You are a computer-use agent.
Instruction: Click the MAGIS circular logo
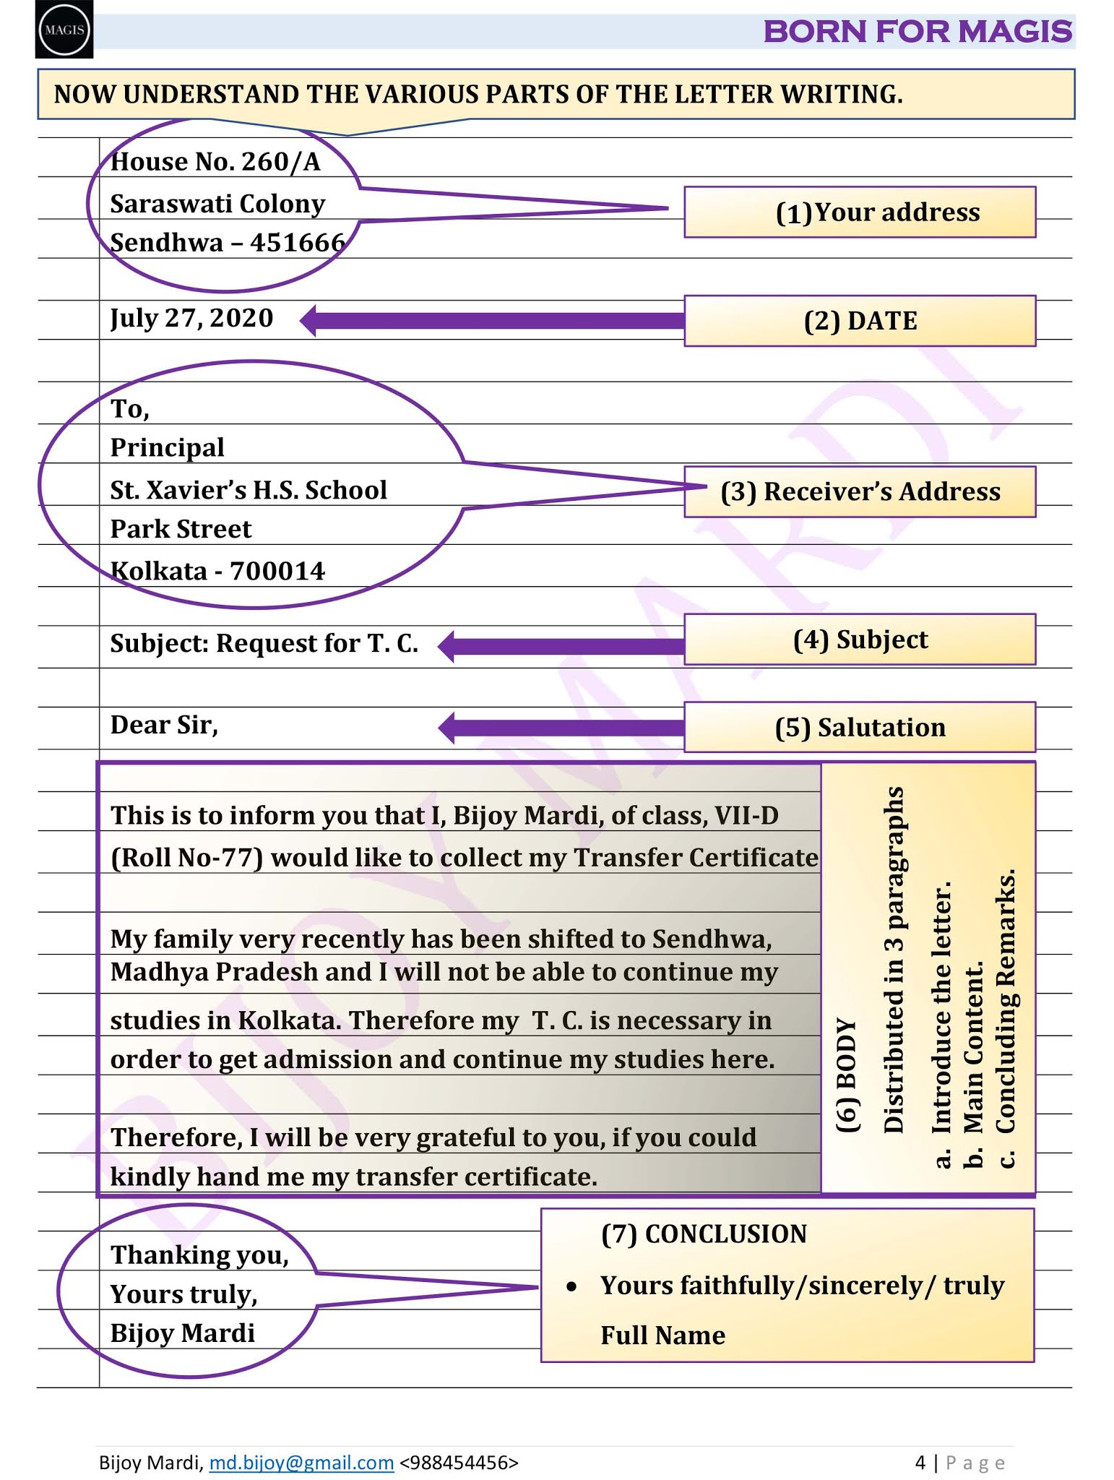coord(64,30)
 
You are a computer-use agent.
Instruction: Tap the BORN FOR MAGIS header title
coord(917,32)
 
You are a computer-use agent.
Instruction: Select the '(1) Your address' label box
coord(860,212)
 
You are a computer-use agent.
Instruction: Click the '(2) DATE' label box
coord(860,321)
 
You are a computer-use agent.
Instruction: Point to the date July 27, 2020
coord(191,318)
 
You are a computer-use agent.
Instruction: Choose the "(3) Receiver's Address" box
coord(860,491)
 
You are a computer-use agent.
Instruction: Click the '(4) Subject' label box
coord(860,640)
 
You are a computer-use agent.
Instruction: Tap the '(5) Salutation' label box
coord(860,727)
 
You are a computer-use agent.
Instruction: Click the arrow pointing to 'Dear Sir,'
coord(561,727)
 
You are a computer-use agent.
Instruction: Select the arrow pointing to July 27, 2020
coord(491,321)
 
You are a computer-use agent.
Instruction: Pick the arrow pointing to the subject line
coord(561,645)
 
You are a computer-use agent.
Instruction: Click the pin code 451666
coord(298,242)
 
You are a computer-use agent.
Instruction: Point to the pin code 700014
coord(277,571)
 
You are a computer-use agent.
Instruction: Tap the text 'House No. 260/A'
coord(215,162)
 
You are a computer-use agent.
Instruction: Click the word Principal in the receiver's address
coord(167,448)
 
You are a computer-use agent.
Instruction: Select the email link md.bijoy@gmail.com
coord(301,1463)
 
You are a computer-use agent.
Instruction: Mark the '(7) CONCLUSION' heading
coord(704,1234)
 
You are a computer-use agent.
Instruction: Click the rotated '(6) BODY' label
coord(847,1075)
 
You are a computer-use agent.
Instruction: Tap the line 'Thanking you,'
coord(199,1255)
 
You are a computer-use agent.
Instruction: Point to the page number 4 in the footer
coord(920,1463)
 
